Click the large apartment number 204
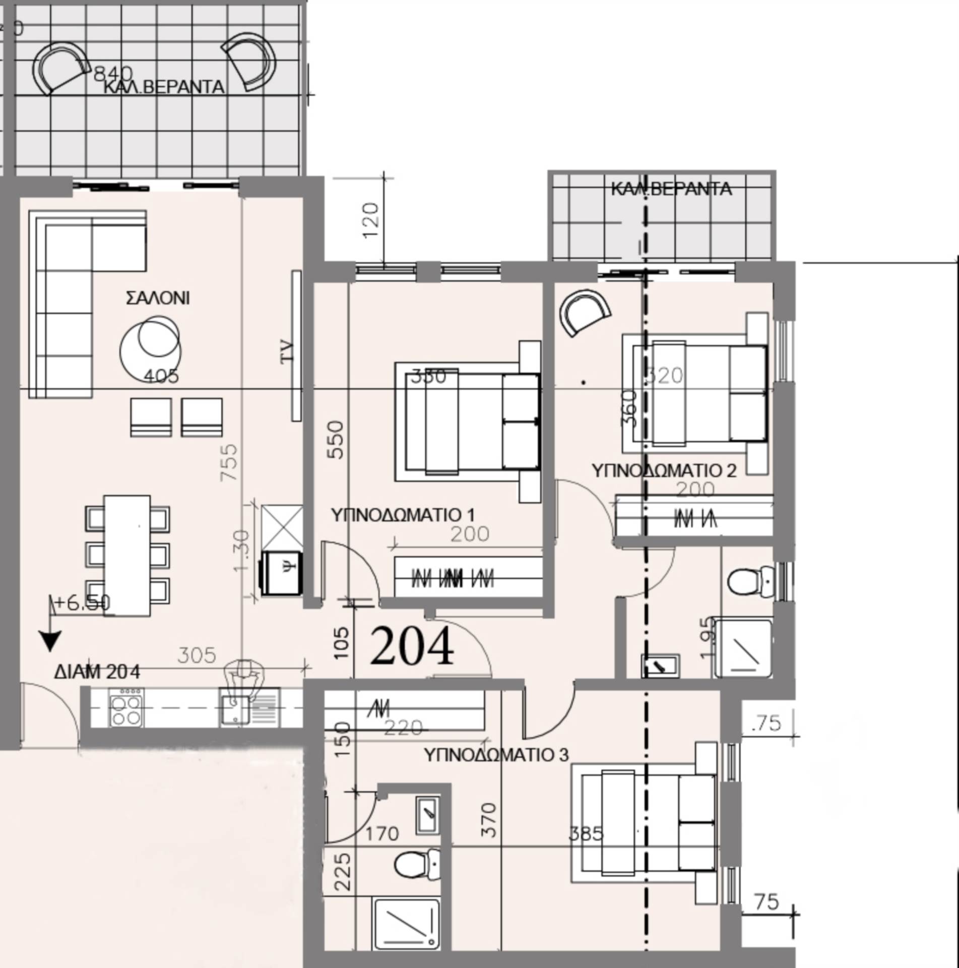pos(412,647)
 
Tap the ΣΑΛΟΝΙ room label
pos(158,298)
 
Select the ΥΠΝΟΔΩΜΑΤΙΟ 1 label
pos(403,515)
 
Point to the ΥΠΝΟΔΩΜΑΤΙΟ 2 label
pos(664,470)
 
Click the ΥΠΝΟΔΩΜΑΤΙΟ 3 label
pos(496,755)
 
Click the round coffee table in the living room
pos(151,349)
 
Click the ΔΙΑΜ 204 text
pos(97,672)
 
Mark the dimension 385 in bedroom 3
pos(586,833)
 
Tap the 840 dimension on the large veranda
pos(113,74)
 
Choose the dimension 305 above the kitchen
pos(197,655)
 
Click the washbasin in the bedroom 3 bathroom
pos(428,815)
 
